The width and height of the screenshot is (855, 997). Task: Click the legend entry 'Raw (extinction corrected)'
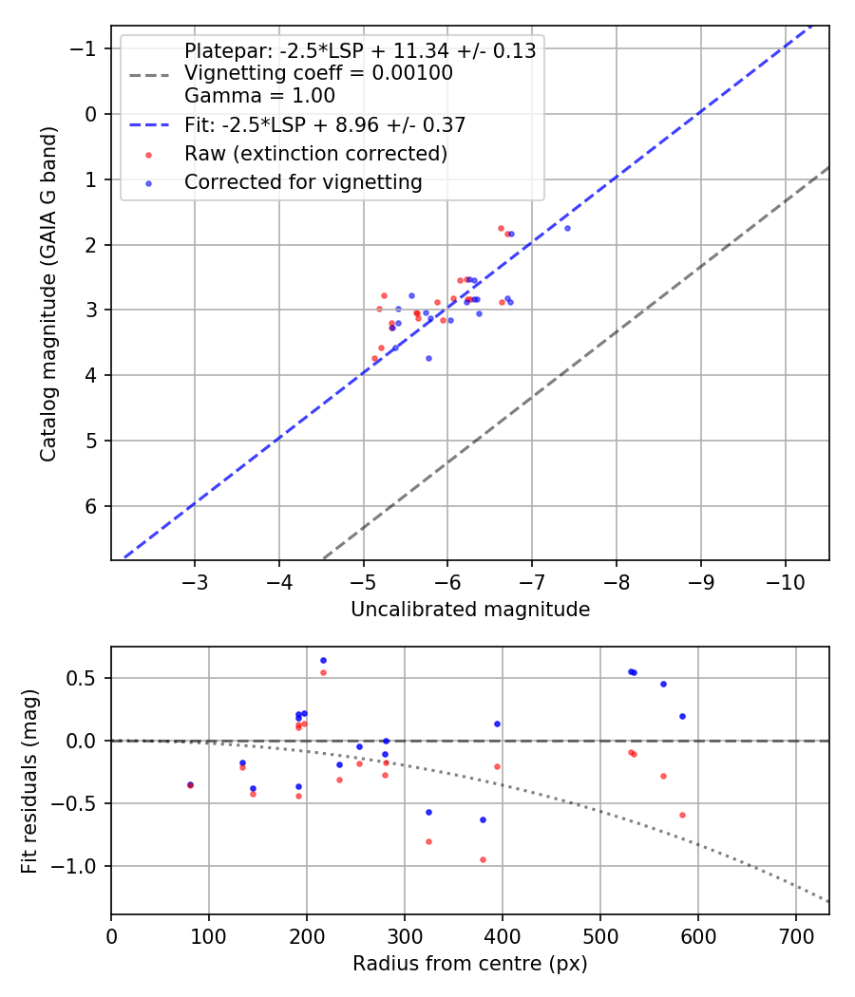[x=315, y=153]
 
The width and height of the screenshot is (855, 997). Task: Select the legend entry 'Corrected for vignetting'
[x=303, y=181]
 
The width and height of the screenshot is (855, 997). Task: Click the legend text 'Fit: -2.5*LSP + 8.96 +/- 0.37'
[x=324, y=124]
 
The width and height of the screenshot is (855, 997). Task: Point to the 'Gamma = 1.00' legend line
[x=259, y=95]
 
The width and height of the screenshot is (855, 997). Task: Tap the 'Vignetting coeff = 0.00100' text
[x=318, y=73]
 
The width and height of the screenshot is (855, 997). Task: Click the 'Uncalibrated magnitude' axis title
[x=470, y=610]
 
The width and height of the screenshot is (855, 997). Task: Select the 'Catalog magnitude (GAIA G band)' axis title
[x=49, y=293]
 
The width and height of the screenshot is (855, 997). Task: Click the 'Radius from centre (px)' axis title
[x=470, y=964]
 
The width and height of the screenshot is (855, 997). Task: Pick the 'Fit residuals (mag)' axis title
[x=30, y=781]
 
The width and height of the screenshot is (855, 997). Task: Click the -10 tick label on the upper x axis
[x=786, y=580]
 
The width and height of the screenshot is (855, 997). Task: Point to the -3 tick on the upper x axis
[x=195, y=580]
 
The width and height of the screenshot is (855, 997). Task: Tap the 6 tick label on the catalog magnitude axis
[x=92, y=506]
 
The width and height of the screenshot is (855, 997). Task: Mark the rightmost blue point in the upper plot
[x=567, y=228]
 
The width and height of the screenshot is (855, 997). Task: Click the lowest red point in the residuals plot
[x=483, y=859]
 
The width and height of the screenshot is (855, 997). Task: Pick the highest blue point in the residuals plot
[x=323, y=660]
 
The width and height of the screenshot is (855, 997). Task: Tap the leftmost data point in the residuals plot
[x=190, y=785]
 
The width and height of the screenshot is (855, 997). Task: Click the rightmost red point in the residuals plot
[x=682, y=815]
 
